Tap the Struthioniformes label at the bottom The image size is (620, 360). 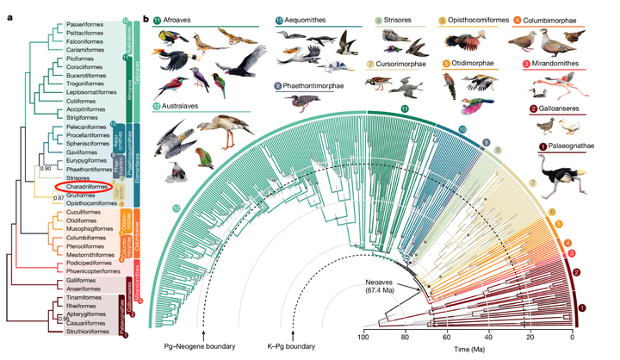[x=85, y=330]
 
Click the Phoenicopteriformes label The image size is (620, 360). [x=90, y=269]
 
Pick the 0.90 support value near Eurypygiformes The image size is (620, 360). [x=45, y=167]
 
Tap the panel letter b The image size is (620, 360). [x=147, y=18]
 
